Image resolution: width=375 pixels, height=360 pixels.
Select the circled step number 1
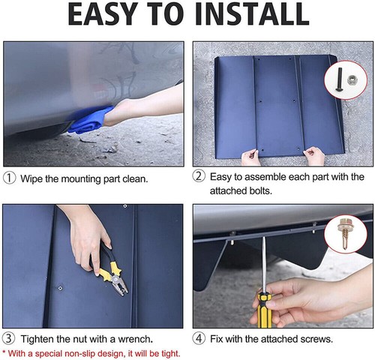click(9, 178)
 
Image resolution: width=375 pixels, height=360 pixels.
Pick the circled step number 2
click(199, 176)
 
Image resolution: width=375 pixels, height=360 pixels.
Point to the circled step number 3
click(9, 338)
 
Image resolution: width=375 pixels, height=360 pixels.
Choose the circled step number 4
click(199, 338)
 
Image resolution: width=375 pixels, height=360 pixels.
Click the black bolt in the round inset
click(340, 79)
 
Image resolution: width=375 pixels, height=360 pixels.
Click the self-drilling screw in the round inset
click(344, 234)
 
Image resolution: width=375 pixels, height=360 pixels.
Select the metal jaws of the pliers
click(119, 285)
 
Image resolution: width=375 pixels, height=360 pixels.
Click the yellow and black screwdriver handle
click(265, 310)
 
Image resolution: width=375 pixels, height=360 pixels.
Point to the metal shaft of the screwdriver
click(263, 264)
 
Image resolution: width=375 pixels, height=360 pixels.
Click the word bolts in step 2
click(260, 190)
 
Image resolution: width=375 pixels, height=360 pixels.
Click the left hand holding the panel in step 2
click(250, 157)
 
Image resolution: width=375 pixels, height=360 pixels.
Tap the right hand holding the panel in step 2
click(314, 156)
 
